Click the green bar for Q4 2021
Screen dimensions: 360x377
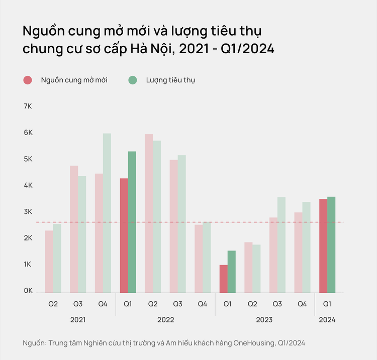[x=107, y=213]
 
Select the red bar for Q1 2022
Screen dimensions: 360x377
[x=124, y=235]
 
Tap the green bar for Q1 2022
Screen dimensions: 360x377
[x=132, y=222]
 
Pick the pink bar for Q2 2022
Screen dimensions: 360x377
[x=149, y=213]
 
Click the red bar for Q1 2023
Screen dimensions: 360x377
[x=223, y=279]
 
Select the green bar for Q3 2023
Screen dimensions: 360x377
[x=281, y=245]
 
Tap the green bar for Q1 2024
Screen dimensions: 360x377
[x=331, y=245]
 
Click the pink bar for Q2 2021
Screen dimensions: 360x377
[x=49, y=262]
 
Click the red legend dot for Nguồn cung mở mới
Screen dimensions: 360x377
[x=28, y=80]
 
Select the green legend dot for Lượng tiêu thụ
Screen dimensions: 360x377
[x=133, y=80]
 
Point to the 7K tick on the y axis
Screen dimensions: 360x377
[x=28, y=107]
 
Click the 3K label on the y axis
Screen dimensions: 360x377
[x=28, y=212]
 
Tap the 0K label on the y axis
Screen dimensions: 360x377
[x=28, y=291]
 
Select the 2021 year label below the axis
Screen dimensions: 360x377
[x=78, y=320]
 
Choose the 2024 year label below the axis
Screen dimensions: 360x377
[x=327, y=320]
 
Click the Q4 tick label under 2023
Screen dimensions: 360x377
[x=302, y=304]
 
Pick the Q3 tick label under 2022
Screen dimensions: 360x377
[x=177, y=304]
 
